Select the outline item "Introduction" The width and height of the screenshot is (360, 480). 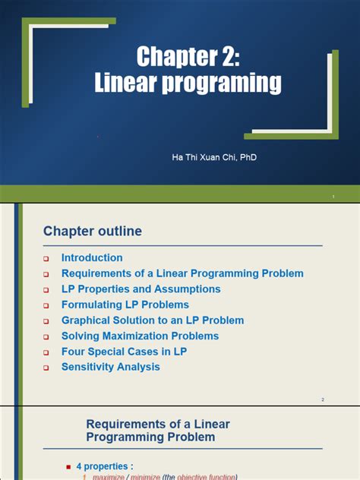92,257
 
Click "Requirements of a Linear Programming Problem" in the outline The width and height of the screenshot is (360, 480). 182,273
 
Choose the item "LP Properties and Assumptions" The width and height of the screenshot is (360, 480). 141,289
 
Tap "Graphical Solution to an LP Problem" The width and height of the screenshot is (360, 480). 153,321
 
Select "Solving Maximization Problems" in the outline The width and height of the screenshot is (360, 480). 140,336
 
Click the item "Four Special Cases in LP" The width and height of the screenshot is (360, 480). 124,352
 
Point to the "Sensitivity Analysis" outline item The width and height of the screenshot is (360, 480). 110,367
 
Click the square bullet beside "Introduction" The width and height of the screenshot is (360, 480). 46,258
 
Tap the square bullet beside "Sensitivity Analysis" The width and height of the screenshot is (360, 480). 46,368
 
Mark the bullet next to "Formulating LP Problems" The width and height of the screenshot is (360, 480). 46,305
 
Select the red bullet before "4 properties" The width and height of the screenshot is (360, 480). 69,466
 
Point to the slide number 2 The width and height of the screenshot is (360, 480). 322,399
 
